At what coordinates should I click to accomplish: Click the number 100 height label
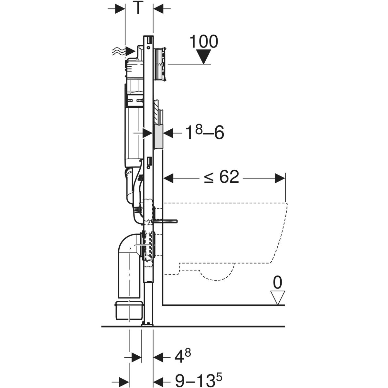[x=203, y=42]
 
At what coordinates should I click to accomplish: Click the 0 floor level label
[x=277, y=283]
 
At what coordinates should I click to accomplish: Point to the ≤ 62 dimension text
[x=221, y=177]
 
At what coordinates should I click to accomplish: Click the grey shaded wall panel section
[x=158, y=137]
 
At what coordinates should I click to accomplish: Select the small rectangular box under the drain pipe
[x=129, y=310]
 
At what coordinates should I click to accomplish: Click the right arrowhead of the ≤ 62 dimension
[x=280, y=178]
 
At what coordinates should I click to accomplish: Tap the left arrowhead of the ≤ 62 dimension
[x=169, y=178]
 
